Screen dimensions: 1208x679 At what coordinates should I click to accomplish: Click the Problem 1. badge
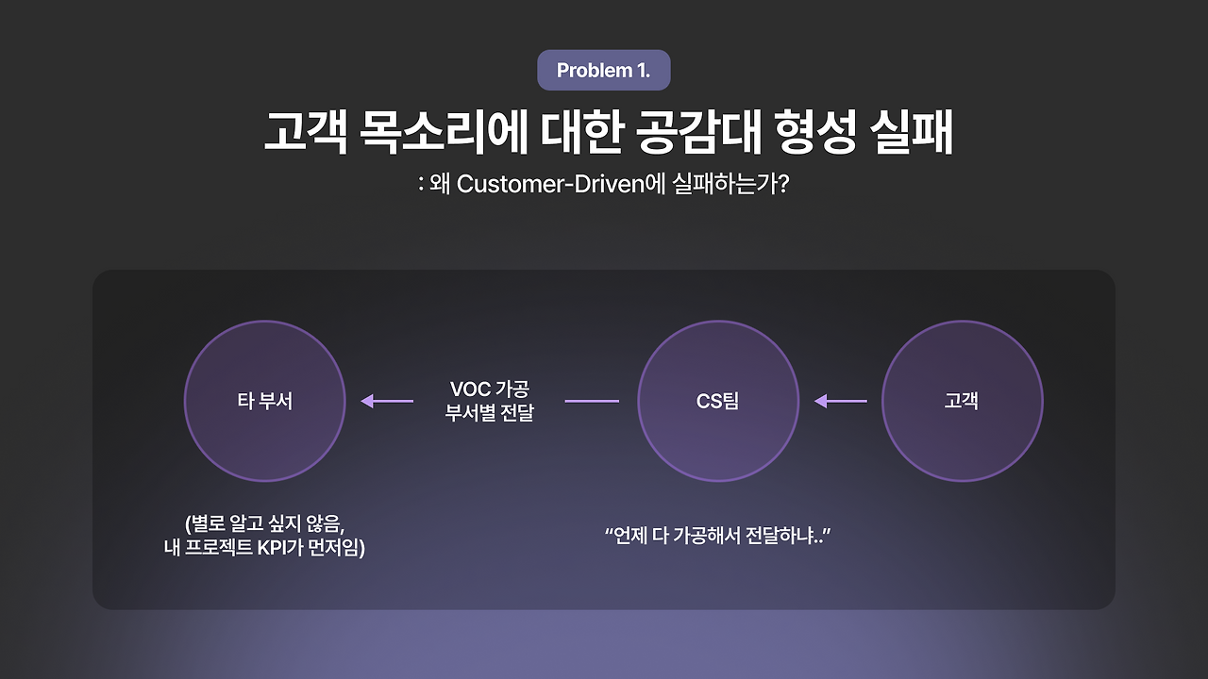[x=604, y=71]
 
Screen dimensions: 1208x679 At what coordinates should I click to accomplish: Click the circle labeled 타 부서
[x=264, y=401]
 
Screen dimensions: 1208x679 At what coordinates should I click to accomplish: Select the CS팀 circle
[x=717, y=401]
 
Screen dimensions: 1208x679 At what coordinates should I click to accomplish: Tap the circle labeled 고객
[x=962, y=401]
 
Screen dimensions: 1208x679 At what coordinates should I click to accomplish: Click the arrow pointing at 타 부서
[x=387, y=401]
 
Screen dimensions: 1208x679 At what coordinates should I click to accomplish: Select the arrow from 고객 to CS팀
[x=840, y=401]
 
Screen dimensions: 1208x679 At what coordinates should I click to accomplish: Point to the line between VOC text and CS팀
[x=592, y=401]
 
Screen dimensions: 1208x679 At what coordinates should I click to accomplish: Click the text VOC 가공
[x=490, y=389]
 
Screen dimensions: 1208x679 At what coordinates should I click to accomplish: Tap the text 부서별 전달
[x=490, y=413]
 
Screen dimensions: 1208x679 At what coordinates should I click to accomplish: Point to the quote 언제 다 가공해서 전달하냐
[x=717, y=536]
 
